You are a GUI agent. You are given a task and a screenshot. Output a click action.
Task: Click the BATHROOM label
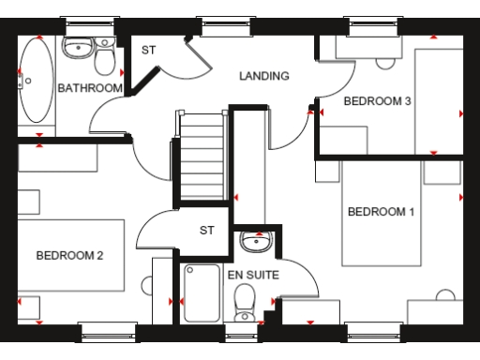click(x=90, y=88)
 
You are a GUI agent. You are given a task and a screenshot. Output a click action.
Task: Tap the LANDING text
click(x=263, y=76)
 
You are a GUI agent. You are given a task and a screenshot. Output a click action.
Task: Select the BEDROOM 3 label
click(x=378, y=101)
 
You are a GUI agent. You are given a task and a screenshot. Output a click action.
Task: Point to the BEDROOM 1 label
click(x=381, y=212)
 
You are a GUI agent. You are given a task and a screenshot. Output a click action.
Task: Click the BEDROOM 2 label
click(x=69, y=255)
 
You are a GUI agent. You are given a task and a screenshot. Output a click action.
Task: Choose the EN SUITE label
click(x=252, y=275)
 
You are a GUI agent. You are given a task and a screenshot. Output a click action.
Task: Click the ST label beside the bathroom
click(x=148, y=51)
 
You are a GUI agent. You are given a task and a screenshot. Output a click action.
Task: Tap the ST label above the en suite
click(x=207, y=230)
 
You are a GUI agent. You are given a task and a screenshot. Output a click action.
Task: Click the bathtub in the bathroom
click(x=37, y=80)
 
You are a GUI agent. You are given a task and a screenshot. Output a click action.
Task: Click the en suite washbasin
click(x=253, y=242)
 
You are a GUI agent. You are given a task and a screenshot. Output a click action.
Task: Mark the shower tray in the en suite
click(x=201, y=292)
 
